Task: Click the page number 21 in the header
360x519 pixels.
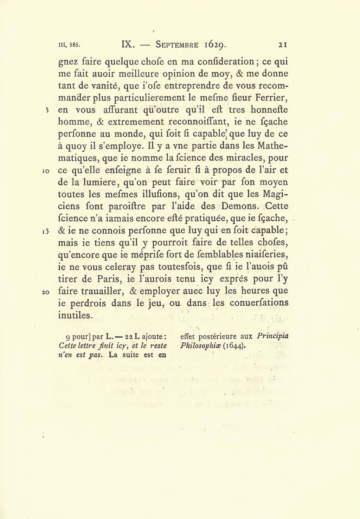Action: click(283, 45)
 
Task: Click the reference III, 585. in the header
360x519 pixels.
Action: click(70, 45)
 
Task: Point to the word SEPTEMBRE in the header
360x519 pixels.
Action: click(177, 45)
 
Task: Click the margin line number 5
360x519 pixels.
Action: click(47, 110)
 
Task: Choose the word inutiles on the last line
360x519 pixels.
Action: click(75, 315)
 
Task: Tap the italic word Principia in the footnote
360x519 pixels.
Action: click(272, 336)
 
